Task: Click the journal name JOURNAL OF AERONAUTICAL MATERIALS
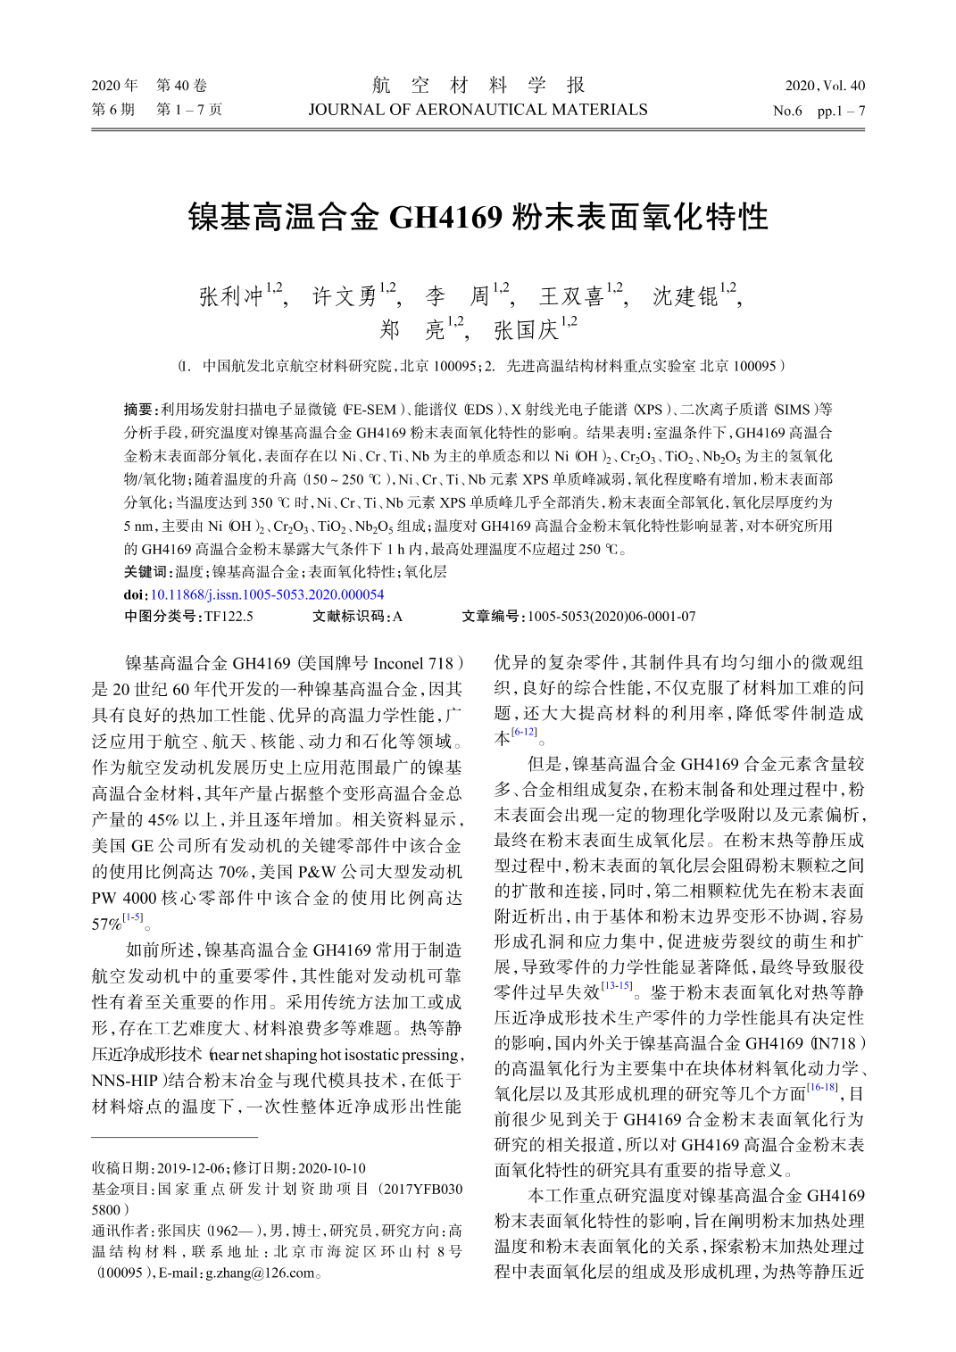478,110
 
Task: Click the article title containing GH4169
478,217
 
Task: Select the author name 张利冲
231,296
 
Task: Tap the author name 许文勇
345,296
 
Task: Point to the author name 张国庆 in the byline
526,330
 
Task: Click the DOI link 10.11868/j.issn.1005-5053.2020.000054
267,594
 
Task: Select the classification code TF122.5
229,617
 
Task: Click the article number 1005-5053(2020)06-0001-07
611,617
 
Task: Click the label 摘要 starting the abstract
139,410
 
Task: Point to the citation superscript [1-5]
133,917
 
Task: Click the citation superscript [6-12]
525,732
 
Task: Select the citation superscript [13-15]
617,986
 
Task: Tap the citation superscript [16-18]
821,1087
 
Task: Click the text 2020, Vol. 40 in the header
825,86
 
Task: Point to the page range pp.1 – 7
841,111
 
